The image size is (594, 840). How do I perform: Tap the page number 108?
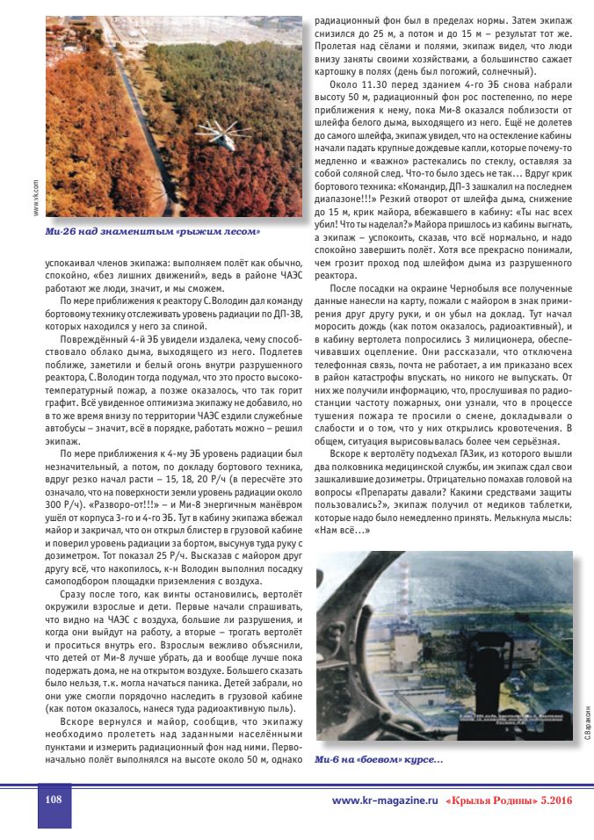[53, 800]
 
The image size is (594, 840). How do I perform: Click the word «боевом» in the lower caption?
[373, 759]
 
